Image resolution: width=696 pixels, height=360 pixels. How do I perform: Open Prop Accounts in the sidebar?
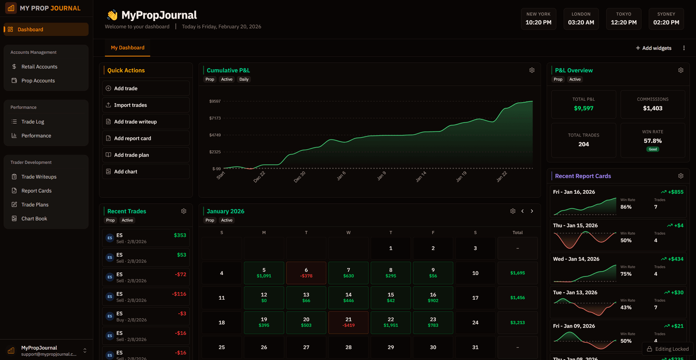pyautogui.click(x=38, y=80)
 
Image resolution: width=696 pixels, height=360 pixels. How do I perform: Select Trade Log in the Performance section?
pyautogui.click(x=32, y=121)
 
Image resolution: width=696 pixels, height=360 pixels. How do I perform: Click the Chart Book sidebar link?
pyautogui.click(x=34, y=218)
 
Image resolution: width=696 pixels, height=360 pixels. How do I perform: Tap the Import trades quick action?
pyautogui.click(x=130, y=105)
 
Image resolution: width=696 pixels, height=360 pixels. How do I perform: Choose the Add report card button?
pyautogui.click(x=132, y=138)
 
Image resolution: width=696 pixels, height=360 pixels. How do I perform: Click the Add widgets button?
pyautogui.click(x=653, y=48)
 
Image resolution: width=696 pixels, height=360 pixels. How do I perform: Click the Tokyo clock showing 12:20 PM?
pyautogui.click(x=623, y=19)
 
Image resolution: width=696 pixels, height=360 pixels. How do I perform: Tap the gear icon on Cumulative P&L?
pyautogui.click(x=532, y=70)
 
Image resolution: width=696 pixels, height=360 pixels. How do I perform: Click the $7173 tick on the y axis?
pyautogui.click(x=215, y=118)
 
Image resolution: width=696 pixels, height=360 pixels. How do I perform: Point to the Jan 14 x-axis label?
pyautogui.click(x=421, y=176)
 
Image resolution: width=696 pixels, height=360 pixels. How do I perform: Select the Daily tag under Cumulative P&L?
pyautogui.click(x=244, y=79)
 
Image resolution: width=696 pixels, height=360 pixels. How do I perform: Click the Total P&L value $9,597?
pyautogui.click(x=583, y=108)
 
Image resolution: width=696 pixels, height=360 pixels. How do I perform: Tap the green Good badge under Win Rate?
pyautogui.click(x=652, y=149)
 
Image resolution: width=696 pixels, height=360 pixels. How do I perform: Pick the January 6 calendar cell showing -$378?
pyautogui.click(x=306, y=273)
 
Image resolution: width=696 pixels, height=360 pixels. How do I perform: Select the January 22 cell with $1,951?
pyautogui.click(x=391, y=322)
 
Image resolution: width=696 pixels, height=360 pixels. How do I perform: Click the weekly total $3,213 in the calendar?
pyautogui.click(x=517, y=322)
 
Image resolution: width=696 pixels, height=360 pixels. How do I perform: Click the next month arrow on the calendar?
pyautogui.click(x=532, y=211)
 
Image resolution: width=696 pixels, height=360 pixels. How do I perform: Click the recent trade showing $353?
pyautogui.click(x=146, y=238)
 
